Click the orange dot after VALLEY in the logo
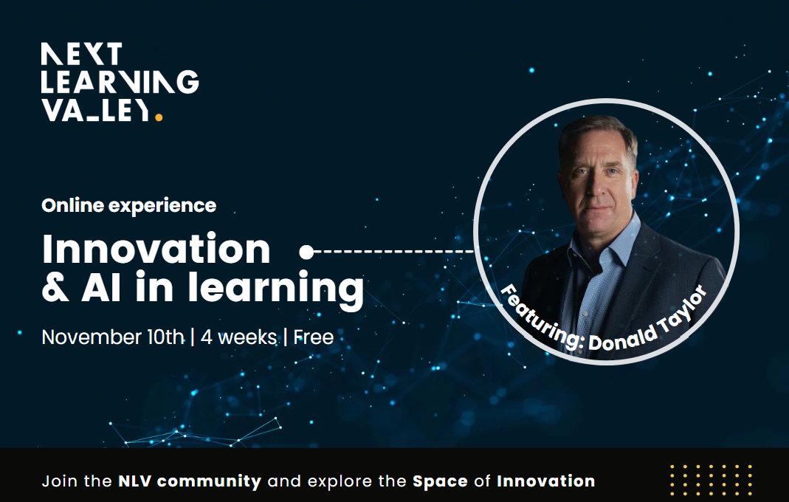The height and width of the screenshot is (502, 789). click(x=159, y=116)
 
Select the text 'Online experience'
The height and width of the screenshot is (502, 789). click(x=129, y=205)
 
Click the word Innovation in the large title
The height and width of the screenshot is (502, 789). click(x=156, y=250)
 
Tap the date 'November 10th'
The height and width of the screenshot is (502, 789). click(x=112, y=337)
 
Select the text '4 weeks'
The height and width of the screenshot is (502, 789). click(x=238, y=337)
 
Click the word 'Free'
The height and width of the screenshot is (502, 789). click(x=314, y=337)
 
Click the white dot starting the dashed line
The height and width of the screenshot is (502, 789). click(x=306, y=252)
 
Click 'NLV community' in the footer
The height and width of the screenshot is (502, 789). click(x=190, y=481)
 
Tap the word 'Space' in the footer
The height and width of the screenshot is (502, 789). click(x=440, y=481)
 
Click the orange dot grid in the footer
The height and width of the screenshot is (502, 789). click(x=711, y=481)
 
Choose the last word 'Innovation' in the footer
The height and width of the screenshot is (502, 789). click(x=545, y=481)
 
